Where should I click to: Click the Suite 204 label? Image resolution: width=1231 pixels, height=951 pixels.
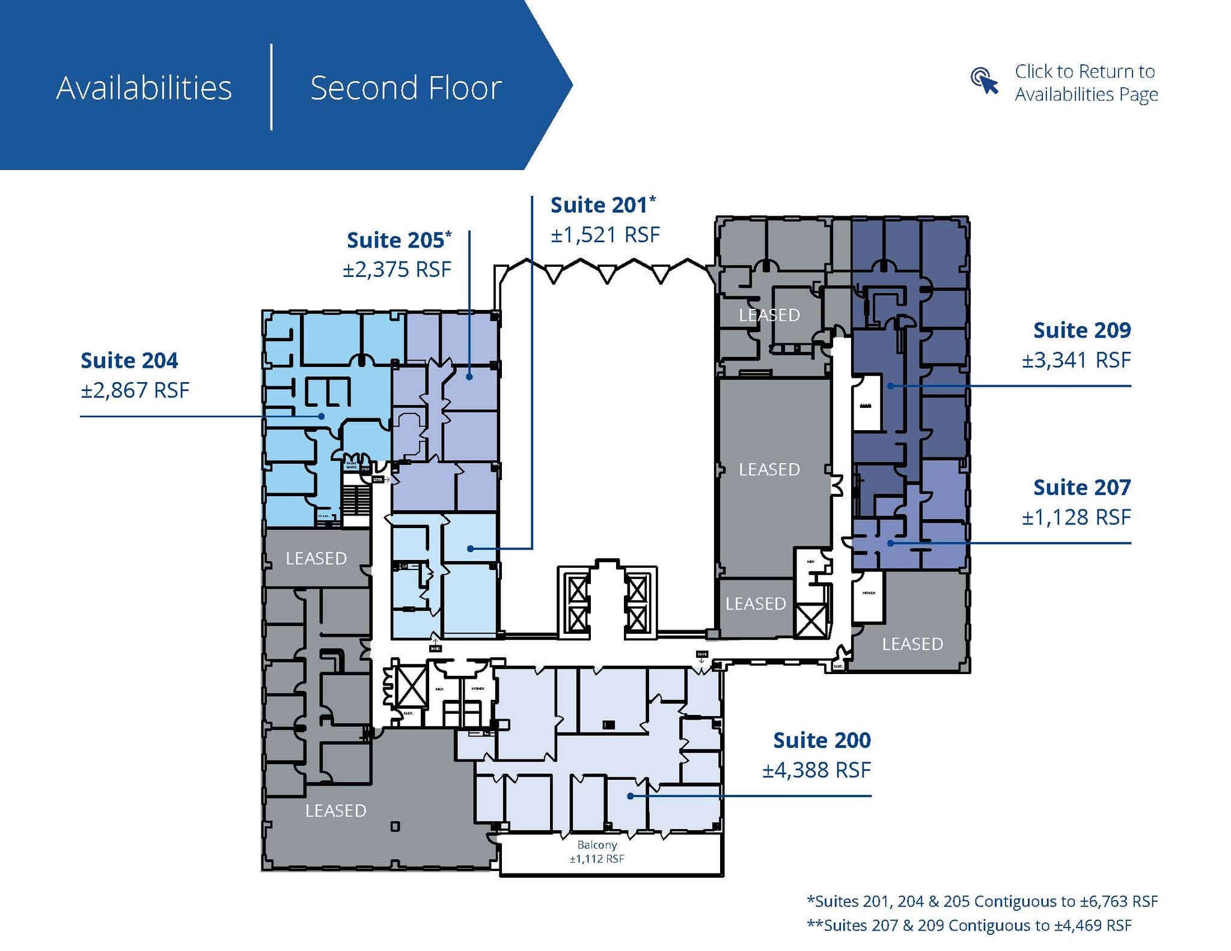click(x=129, y=360)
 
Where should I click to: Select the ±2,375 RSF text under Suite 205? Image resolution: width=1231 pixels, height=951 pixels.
click(x=397, y=270)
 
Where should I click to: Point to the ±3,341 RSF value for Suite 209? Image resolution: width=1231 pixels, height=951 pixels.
click(x=1076, y=360)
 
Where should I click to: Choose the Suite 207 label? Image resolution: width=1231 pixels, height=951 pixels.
click(x=1081, y=487)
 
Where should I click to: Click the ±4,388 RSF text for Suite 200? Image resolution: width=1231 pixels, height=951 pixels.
click(x=816, y=770)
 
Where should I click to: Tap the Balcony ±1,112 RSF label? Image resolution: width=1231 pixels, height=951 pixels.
click(x=597, y=852)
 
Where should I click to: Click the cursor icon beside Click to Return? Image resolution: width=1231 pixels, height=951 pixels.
click(x=984, y=81)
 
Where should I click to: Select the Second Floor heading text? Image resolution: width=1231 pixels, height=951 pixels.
click(x=406, y=88)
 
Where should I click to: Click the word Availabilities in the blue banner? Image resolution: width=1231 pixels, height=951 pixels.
click(x=144, y=88)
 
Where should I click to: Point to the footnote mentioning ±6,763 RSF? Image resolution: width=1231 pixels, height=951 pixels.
click(x=982, y=901)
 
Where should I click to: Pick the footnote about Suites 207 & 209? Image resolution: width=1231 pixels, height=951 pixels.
click(x=969, y=925)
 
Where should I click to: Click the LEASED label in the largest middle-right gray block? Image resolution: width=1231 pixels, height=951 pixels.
click(x=769, y=469)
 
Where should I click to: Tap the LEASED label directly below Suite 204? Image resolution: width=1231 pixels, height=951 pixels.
click(x=316, y=559)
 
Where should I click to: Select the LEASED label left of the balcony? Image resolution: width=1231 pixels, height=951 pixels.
click(x=335, y=811)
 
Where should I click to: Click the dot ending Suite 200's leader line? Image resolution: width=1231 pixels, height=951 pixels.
click(x=630, y=796)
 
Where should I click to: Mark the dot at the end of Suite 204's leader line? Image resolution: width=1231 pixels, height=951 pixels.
click(x=322, y=416)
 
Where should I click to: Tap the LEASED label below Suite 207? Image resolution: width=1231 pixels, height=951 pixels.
click(x=912, y=644)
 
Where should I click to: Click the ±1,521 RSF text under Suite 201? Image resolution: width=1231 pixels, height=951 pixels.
click(x=605, y=235)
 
